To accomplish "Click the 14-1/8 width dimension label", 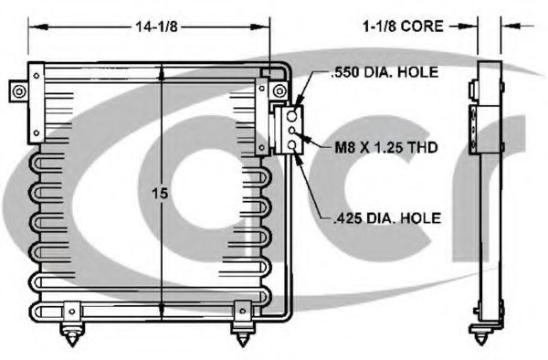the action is tap(156, 26).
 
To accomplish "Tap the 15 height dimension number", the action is tap(160, 194).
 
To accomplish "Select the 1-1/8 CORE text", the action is tap(404, 26).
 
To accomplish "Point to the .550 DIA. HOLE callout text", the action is tap(385, 72).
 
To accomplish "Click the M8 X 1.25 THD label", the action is tap(386, 147).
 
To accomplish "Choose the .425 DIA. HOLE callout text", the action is tap(387, 218).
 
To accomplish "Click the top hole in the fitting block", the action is tap(292, 116).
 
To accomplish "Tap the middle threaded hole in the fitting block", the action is tap(292, 131).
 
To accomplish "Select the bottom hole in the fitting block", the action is tap(292, 145).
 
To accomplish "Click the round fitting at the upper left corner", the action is tap(19, 91).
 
